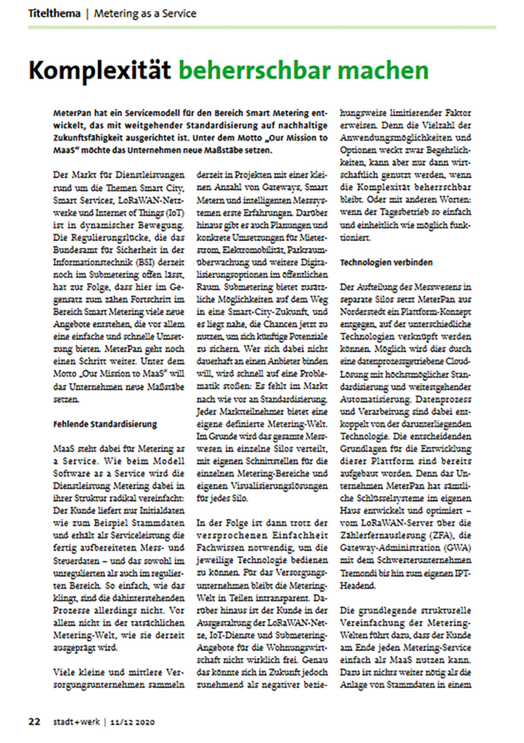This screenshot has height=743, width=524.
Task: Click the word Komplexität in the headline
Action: (x=100, y=70)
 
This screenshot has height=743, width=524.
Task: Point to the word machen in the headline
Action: (x=382, y=70)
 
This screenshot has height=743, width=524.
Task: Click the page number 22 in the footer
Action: (x=34, y=722)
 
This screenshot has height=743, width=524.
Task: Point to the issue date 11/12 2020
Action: (x=134, y=722)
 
